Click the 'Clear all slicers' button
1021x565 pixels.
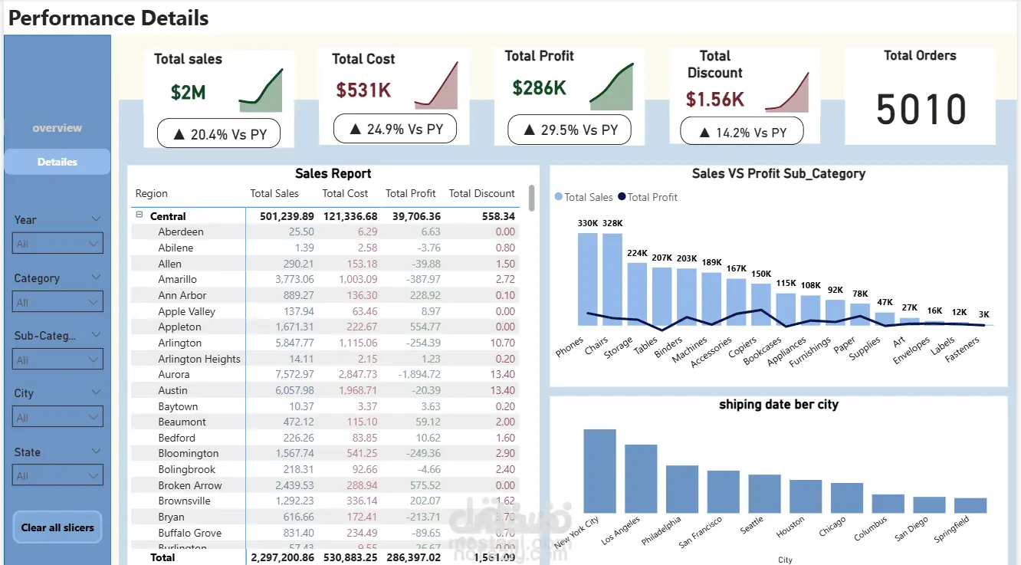pos(57,527)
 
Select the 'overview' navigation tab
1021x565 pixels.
pos(57,128)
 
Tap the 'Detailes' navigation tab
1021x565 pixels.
pos(57,162)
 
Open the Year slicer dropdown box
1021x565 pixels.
pos(58,244)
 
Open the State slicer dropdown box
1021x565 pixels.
pos(58,476)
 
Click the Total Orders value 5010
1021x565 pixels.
pos(921,110)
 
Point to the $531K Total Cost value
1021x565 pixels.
pos(363,90)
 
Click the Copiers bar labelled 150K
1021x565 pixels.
pos(760,305)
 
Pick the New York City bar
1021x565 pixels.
pos(599,471)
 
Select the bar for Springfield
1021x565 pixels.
pos(970,505)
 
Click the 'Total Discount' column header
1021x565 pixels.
pos(481,193)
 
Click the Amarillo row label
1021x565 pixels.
pos(178,280)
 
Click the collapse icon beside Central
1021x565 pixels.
pos(140,215)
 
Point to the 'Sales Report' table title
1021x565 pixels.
pos(333,174)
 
